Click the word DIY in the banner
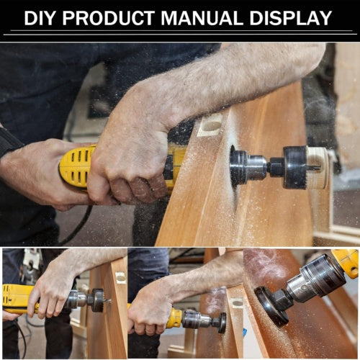pyautogui.click(x=40, y=18)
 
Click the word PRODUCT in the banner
pyautogui.click(x=109, y=18)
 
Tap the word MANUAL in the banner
pyautogui.click(x=202, y=18)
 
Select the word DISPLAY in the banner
pyautogui.click(x=291, y=18)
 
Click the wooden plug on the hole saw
pyautogui.click(x=318, y=167)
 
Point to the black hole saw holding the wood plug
pyautogui.click(x=295, y=167)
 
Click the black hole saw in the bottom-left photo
pyautogui.click(x=97, y=300)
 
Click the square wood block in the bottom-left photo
pyautogui.click(x=121, y=278)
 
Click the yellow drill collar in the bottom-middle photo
pyautogui.click(x=174, y=318)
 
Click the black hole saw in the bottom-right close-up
pyautogui.click(x=270, y=306)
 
